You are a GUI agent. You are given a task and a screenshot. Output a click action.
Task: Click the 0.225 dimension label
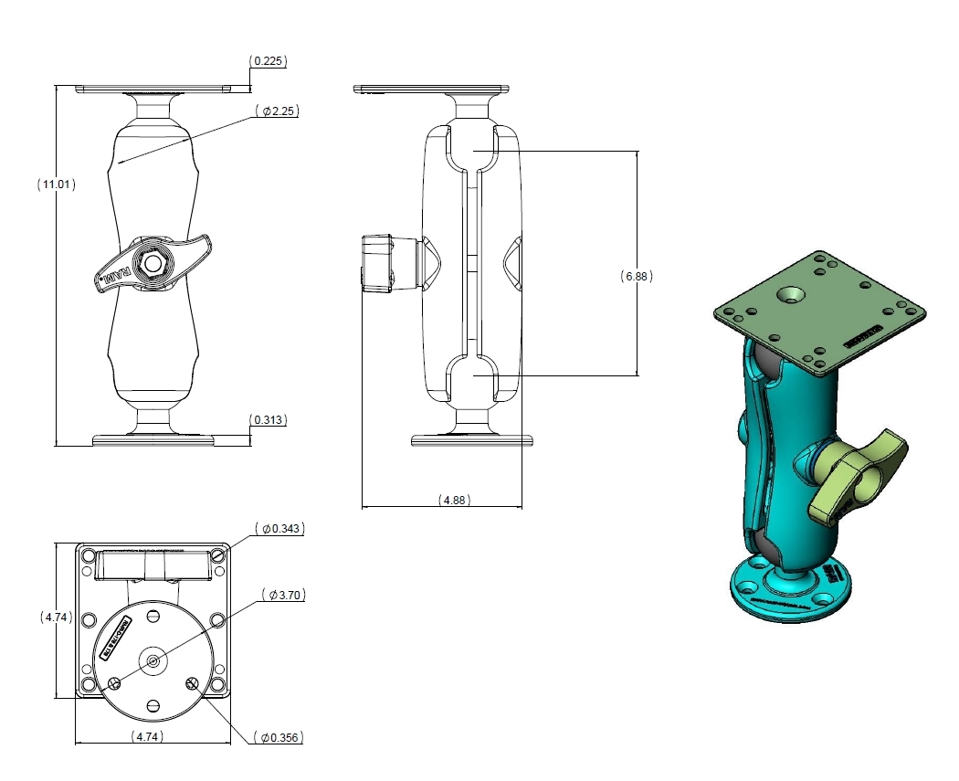point(269,61)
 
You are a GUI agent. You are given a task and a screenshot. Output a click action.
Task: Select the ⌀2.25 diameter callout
point(279,111)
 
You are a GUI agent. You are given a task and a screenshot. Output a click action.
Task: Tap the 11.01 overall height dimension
point(57,184)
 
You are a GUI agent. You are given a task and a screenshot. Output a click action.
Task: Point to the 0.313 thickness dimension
point(269,420)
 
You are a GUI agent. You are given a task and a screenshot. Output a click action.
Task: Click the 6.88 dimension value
point(637,275)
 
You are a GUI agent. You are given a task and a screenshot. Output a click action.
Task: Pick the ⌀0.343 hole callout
point(281,528)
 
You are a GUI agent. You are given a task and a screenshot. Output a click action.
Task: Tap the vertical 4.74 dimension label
point(57,617)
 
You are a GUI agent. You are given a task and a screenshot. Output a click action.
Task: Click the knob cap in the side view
point(377,263)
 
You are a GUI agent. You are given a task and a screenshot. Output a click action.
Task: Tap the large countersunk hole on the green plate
point(792,295)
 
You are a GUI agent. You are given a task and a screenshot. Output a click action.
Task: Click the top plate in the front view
point(163,89)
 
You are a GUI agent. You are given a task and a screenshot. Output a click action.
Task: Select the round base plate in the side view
point(471,440)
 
